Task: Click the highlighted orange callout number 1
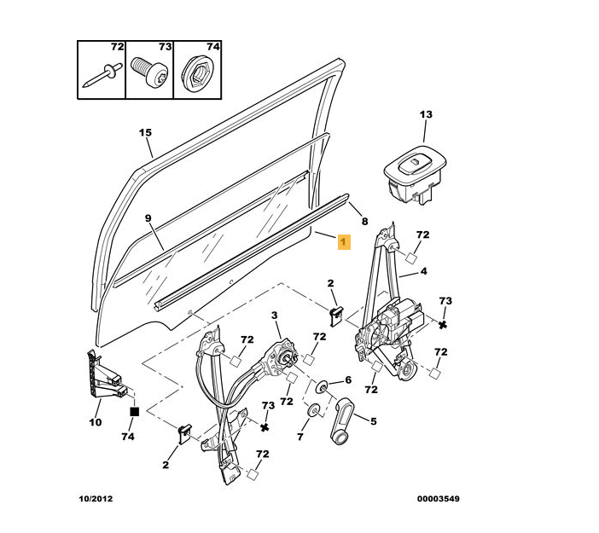pyautogui.click(x=342, y=243)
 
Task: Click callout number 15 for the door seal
pyautogui.click(x=145, y=132)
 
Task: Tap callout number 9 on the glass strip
pyautogui.click(x=148, y=218)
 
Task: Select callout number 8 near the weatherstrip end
pyautogui.click(x=364, y=221)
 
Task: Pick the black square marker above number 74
pyautogui.click(x=133, y=412)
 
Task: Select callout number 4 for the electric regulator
pyautogui.click(x=422, y=273)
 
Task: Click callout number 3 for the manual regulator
pyautogui.click(x=275, y=316)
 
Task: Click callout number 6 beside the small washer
pyautogui.click(x=347, y=381)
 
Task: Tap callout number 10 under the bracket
pyautogui.click(x=95, y=421)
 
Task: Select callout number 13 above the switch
pyautogui.click(x=426, y=114)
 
